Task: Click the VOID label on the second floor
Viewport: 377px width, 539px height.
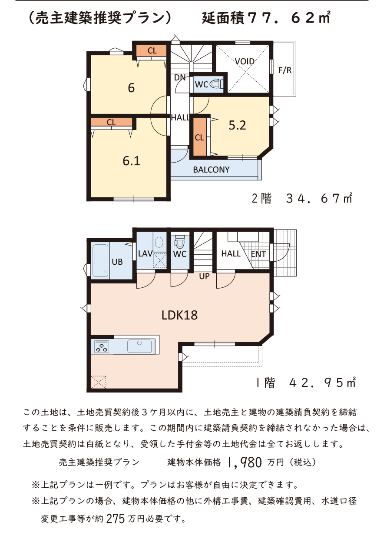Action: [245, 62]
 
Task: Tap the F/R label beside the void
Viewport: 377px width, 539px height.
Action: [285, 70]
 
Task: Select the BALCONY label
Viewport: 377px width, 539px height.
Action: [212, 170]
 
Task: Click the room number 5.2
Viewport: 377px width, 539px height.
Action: [237, 125]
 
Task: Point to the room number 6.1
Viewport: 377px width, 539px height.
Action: [131, 161]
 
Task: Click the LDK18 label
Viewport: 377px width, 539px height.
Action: [179, 315]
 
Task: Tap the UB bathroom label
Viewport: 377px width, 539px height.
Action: [117, 262]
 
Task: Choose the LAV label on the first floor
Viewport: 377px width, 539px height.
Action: [145, 253]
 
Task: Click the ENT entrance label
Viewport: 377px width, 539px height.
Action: [258, 254]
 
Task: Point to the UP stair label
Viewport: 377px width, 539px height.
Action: [204, 276]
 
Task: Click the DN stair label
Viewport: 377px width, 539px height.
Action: [180, 78]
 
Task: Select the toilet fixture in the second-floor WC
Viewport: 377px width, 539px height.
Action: [217, 84]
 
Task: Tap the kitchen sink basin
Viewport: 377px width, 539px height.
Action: [139, 346]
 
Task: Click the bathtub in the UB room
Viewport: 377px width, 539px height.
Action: [100, 261]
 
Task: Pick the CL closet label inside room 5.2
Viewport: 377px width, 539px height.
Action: [199, 138]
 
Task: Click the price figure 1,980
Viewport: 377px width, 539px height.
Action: [244, 462]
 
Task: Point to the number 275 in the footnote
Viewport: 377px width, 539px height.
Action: [116, 519]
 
